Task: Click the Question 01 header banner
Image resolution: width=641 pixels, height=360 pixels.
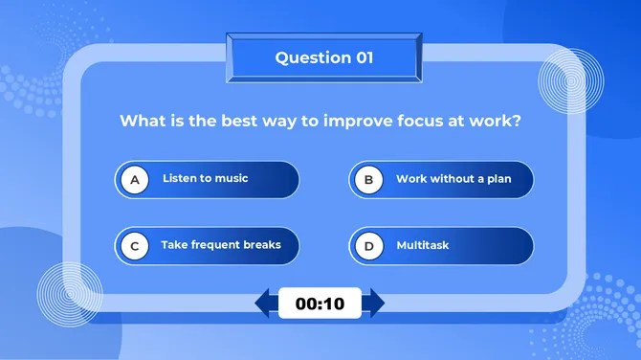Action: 323,58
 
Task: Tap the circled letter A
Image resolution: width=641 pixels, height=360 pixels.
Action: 135,179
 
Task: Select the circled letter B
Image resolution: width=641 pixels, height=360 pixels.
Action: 368,179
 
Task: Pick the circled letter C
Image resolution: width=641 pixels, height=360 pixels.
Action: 135,246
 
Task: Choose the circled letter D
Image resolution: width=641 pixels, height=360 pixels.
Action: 368,246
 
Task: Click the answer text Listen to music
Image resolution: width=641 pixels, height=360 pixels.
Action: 205,179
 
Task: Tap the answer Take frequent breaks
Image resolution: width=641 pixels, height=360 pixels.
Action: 221,245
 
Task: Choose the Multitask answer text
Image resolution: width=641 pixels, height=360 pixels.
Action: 423,246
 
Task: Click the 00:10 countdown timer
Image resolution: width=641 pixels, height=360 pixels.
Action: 320,304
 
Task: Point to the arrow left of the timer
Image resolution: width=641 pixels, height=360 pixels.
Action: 265,304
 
